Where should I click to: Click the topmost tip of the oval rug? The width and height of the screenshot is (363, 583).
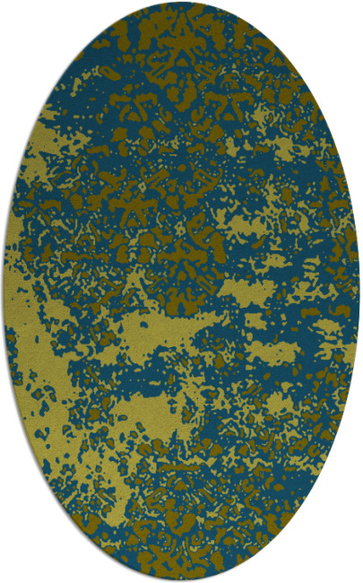pyautogui.click(x=181, y=3)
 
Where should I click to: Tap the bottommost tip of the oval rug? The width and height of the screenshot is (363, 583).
pyautogui.click(x=181, y=580)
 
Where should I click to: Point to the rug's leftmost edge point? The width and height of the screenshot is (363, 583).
pyautogui.click(x=4, y=291)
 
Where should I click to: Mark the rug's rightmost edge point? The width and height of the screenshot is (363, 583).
pyautogui.click(x=359, y=291)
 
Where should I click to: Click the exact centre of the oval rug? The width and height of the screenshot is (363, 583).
pyautogui.click(x=181, y=291)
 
